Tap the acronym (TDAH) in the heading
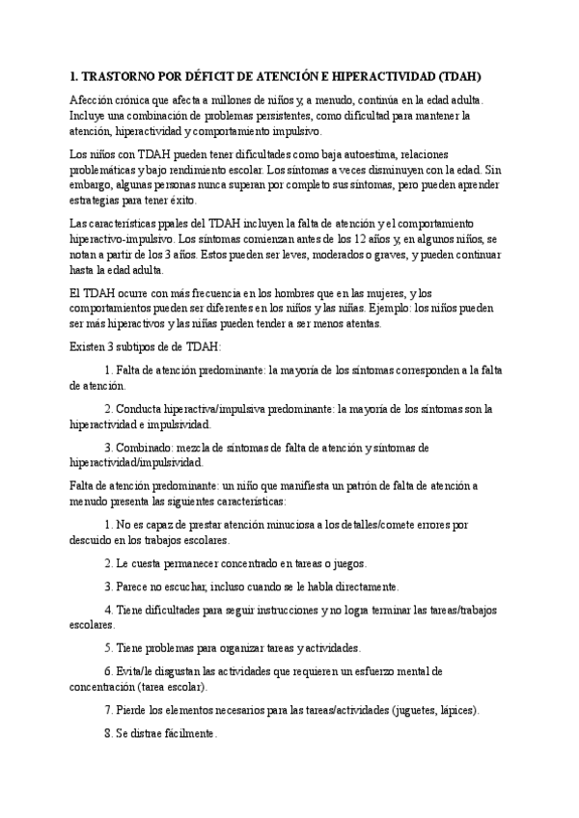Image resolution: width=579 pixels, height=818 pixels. click(x=458, y=75)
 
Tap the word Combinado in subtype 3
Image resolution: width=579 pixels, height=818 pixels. click(x=146, y=447)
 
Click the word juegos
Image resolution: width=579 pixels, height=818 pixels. click(x=345, y=562)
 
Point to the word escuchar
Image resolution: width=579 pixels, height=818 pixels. click(x=191, y=586)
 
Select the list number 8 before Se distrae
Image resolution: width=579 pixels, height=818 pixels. click(x=108, y=733)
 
